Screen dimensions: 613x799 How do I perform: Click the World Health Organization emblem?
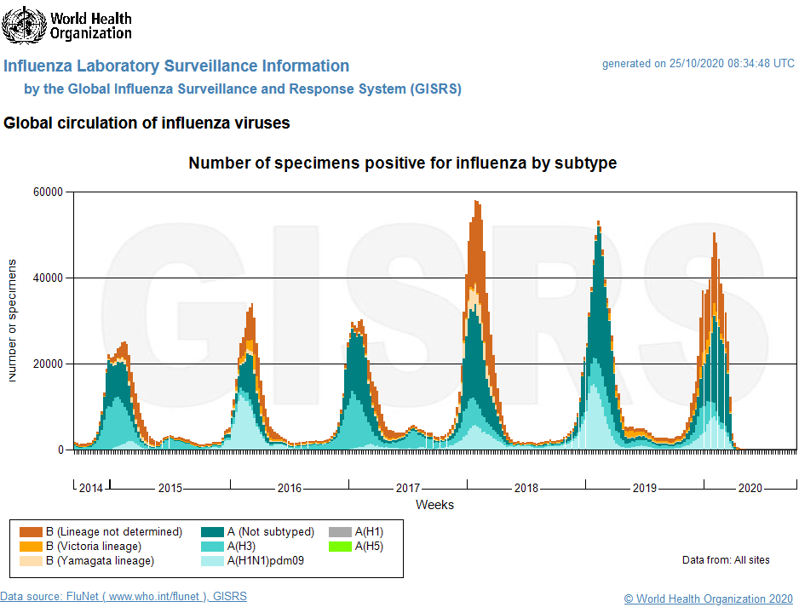(x=24, y=25)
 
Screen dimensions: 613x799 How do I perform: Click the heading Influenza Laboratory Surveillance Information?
(x=176, y=66)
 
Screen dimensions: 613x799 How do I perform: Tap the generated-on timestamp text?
(x=698, y=64)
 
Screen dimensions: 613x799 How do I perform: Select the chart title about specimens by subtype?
(x=402, y=163)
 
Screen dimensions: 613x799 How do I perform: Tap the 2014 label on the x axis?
(x=90, y=489)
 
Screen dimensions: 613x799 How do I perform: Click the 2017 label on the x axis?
(x=407, y=489)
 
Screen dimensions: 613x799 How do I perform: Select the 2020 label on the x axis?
(x=750, y=489)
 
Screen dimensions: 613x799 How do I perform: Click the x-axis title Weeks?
(x=434, y=505)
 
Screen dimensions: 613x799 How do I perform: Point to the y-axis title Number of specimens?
(x=13, y=320)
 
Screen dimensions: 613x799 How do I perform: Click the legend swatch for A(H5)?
(x=340, y=547)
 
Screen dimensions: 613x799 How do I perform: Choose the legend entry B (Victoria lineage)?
(x=94, y=547)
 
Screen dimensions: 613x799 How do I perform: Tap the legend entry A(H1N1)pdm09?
(x=265, y=561)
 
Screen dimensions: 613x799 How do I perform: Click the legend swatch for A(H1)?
(x=340, y=532)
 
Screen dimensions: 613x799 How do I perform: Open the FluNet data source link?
(x=124, y=597)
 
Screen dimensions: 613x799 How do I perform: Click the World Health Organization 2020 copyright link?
(x=708, y=599)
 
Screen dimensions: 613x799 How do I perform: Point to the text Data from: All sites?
(x=726, y=560)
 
